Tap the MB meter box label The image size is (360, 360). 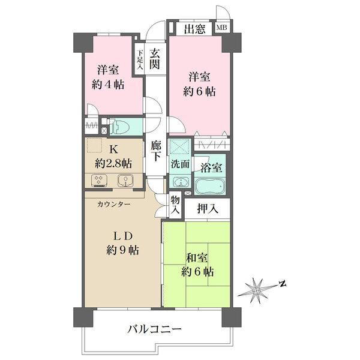(222, 28)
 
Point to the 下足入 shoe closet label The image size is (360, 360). (139, 60)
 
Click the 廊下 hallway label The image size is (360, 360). (155, 151)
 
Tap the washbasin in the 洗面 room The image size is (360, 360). (179, 182)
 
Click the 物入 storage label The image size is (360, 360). (175, 206)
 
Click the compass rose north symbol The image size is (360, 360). (259, 290)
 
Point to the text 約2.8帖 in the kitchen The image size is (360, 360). (114, 163)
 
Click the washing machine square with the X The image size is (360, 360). (179, 148)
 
